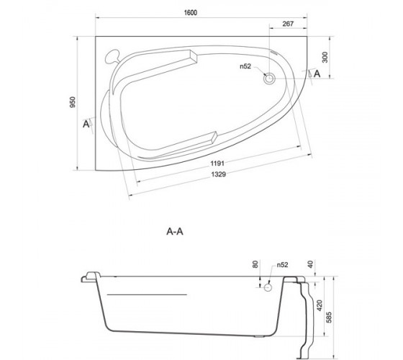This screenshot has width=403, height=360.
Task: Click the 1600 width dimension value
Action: click(x=191, y=13)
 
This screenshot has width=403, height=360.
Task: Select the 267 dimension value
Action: click(x=288, y=24)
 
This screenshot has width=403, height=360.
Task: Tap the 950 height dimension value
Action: click(x=73, y=102)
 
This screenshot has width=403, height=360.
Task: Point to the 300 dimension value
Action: click(x=325, y=57)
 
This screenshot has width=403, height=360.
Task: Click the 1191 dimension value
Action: click(x=217, y=163)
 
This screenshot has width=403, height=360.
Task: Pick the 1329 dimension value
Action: click(x=219, y=174)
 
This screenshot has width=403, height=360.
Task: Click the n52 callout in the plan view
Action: click(x=245, y=66)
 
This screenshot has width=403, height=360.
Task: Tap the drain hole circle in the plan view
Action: click(x=269, y=78)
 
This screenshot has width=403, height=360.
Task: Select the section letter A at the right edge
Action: click(x=317, y=73)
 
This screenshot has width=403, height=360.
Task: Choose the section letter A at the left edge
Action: click(x=86, y=124)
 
